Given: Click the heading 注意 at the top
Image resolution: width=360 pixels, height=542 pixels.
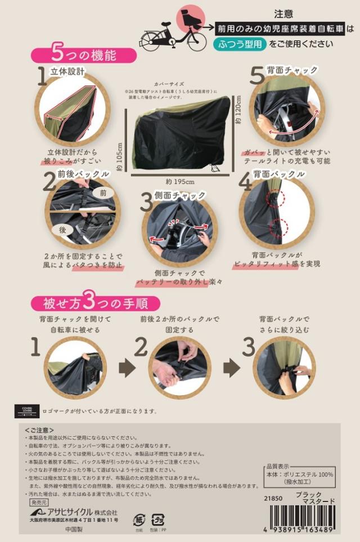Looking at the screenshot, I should point(283,12).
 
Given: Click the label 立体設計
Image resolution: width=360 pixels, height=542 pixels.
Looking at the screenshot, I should point(67,71).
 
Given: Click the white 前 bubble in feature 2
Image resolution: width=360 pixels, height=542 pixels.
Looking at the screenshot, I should point(102,192).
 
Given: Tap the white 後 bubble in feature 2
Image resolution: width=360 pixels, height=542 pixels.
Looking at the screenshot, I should point(62,230).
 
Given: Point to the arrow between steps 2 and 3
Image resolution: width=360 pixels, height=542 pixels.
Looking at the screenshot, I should point(231,369).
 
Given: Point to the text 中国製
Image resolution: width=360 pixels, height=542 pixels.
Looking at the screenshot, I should point(74,530).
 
